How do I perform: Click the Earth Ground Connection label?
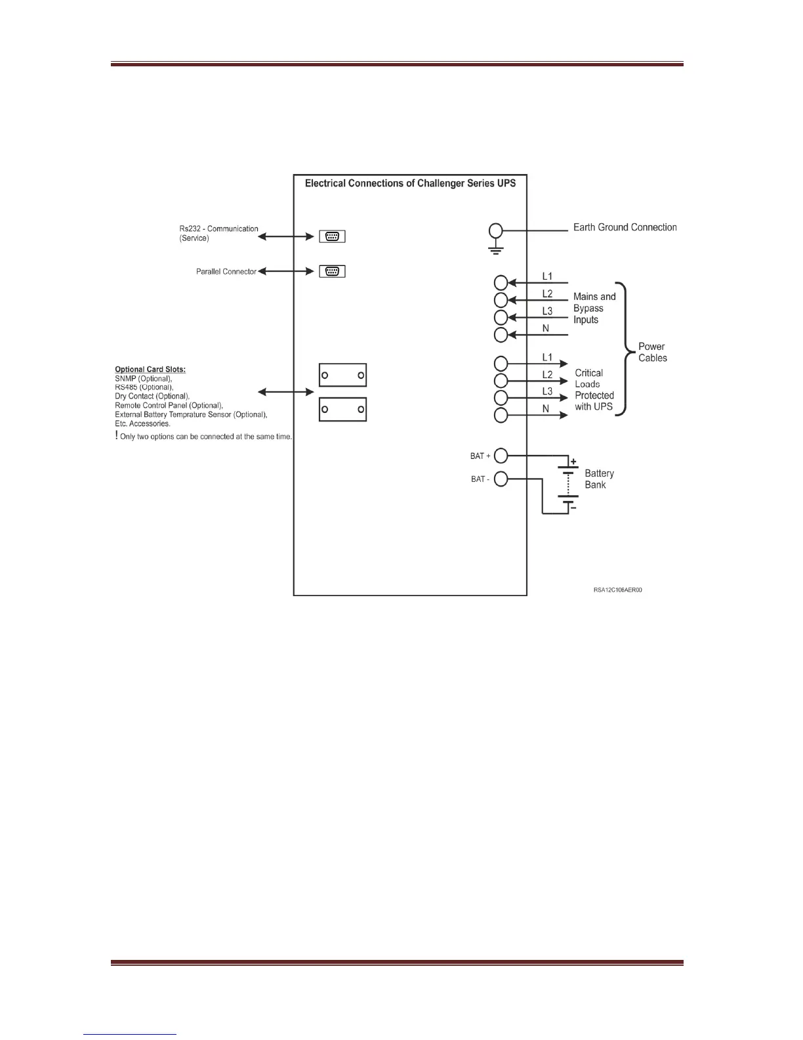[625, 227]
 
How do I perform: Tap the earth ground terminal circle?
[497, 230]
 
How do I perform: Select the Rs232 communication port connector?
[332, 236]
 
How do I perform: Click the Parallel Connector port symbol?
[332, 271]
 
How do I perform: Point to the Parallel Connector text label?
[226, 271]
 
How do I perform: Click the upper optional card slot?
[342, 375]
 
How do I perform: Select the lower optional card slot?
[342, 409]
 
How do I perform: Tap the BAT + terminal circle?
[501, 455]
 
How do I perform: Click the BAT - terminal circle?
[501, 479]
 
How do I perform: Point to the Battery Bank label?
[599, 479]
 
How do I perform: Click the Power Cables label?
[652, 352]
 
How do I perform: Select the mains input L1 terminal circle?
[501, 283]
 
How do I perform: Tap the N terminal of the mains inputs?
[501, 336]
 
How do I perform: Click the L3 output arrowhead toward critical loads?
[564, 398]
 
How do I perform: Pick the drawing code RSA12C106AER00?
[617, 590]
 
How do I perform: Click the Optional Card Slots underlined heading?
[150, 369]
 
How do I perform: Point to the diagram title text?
[410, 183]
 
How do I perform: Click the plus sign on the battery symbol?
[573, 462]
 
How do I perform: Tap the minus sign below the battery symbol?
[573, 508]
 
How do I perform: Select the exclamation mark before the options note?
[117, 436]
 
